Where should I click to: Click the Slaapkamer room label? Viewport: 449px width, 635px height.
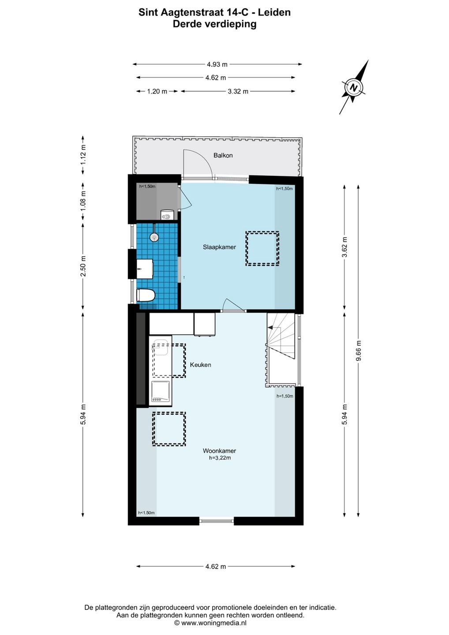pos(219,247)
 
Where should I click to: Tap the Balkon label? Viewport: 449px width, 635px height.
pos(223,155)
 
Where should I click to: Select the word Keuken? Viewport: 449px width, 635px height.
pos(200,365)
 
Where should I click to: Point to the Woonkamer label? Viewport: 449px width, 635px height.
pos(219,451)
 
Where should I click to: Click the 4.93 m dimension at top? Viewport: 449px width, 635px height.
pos(217,64)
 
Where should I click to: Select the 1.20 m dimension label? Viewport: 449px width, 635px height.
pos(157,91)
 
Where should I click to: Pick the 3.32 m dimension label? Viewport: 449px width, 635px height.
pos(238,91)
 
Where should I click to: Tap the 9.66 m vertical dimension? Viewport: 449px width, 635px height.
pos(359,351)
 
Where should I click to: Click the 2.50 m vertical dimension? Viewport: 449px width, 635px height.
pos(83,266)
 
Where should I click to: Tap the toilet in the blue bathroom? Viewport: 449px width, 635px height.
pos(146,295)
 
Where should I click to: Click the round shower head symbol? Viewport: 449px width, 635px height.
pos(154,237)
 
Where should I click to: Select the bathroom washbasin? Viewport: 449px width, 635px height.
pos(145,269)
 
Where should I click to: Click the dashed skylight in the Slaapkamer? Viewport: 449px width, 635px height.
pos(262,249)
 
